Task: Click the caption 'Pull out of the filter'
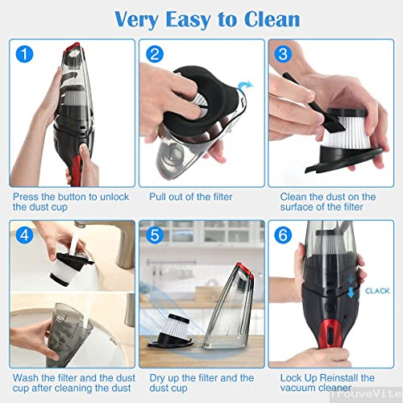pos(191,197)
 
